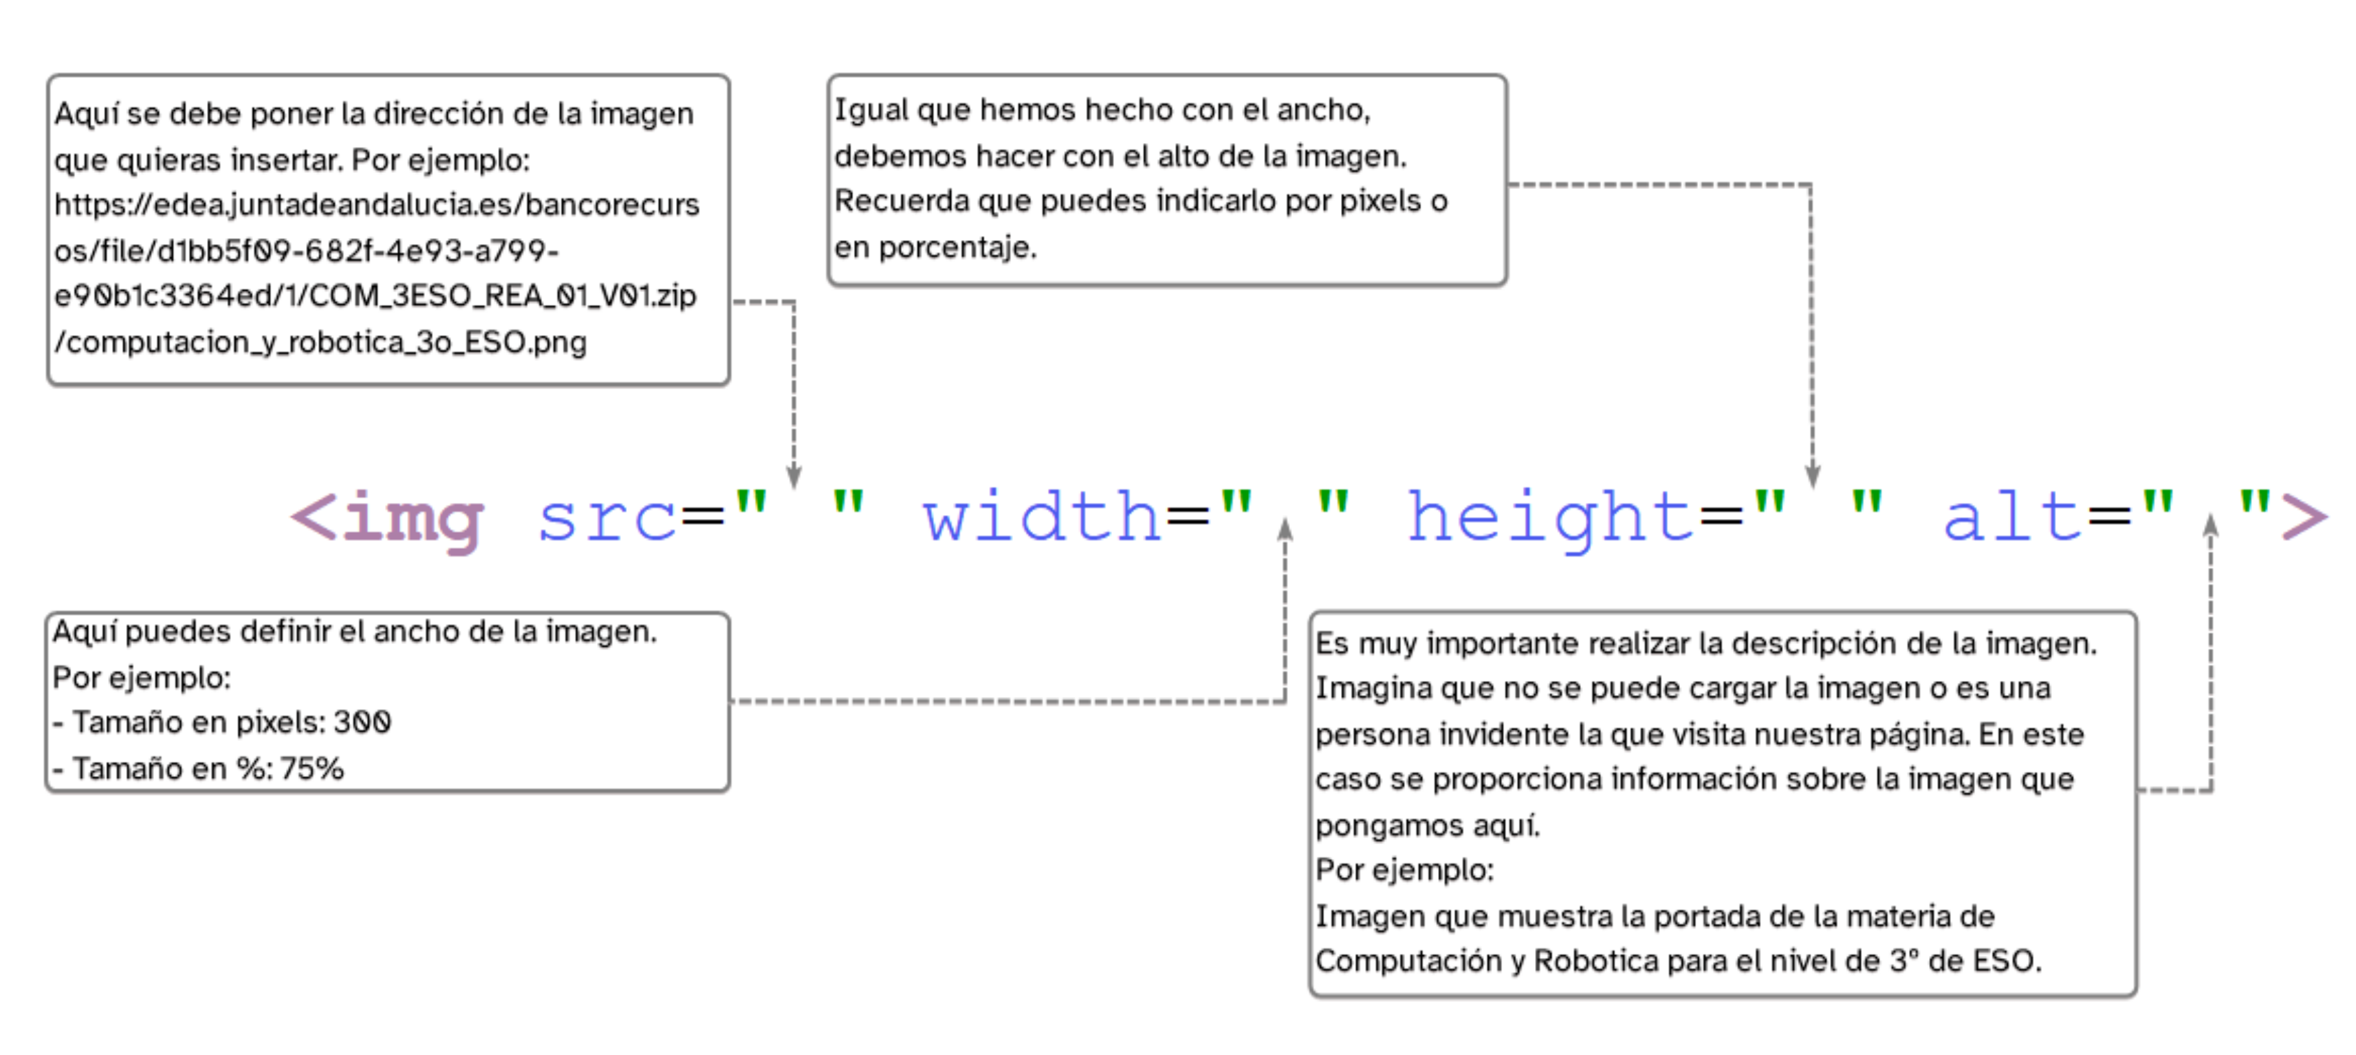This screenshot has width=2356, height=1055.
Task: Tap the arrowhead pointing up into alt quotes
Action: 2210,525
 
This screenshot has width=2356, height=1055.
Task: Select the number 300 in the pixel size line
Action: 362,723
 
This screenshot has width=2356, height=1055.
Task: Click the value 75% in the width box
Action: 312,769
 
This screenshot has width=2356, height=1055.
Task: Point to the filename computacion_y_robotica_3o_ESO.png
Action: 320,342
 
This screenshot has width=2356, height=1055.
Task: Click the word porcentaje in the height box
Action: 957,247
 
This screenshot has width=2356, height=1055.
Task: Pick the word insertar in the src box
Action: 287,160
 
